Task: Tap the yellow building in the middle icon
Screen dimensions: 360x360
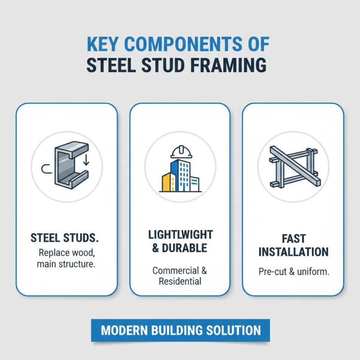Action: pos(168,181)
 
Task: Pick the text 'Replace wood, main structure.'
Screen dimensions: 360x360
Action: pos(66,257)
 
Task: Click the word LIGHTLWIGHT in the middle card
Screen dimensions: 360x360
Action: pos(180,235)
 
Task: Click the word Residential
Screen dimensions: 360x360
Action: pos(180,282)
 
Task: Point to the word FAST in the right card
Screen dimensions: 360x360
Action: pos(293,238)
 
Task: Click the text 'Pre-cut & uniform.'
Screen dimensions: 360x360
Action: pos(293,272)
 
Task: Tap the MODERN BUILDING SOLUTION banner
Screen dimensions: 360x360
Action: pos(180,330)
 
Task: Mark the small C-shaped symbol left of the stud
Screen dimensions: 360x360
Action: pos(45,169)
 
